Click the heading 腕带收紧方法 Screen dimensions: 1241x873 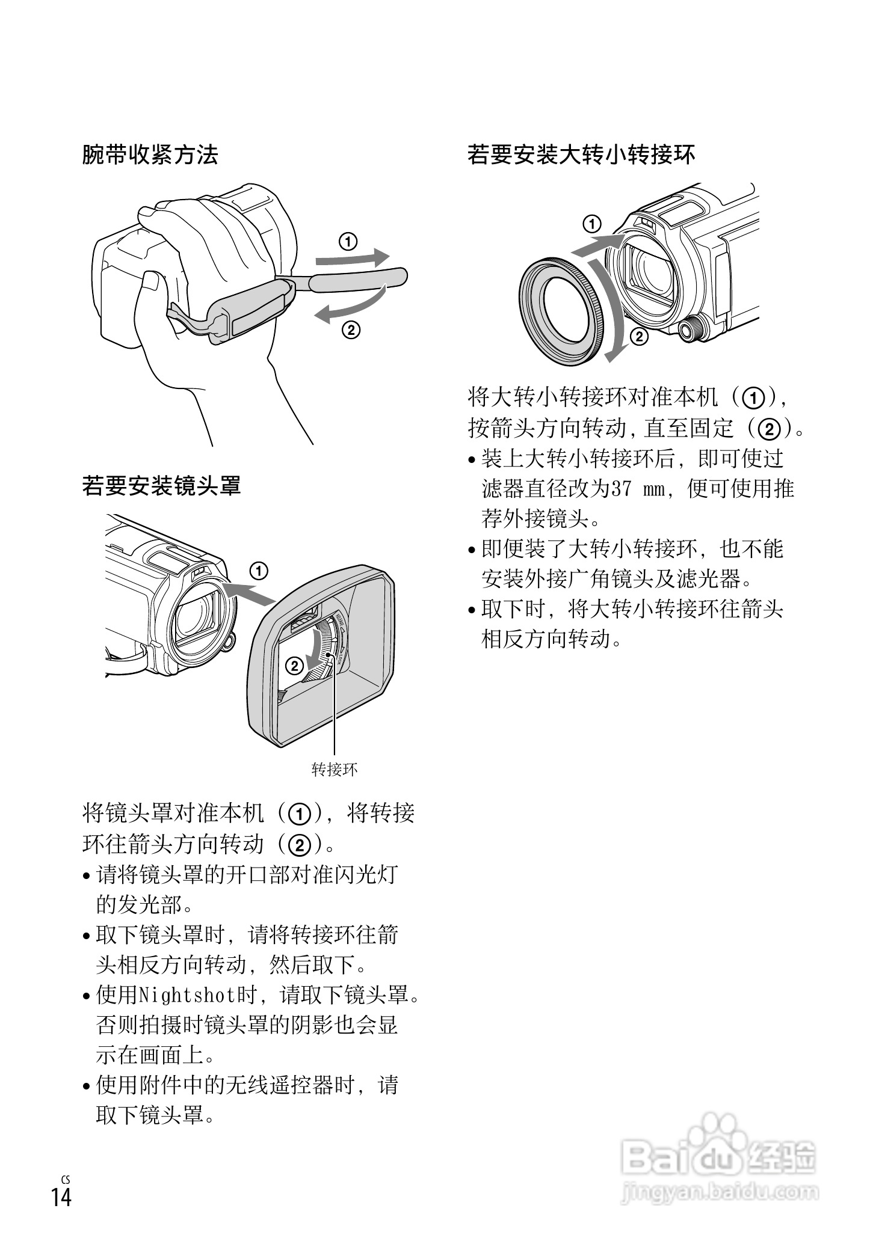[x=150, y=155]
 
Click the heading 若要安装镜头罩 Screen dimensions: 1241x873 [x=161, y=485]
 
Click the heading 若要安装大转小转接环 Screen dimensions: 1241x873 [x=581, y=155]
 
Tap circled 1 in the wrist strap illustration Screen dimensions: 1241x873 [x=348, y=242]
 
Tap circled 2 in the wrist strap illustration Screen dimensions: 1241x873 [x=351, y=329]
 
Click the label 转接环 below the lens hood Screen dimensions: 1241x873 [x=335, y=769]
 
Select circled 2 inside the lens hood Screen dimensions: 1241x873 [x=295, y=666]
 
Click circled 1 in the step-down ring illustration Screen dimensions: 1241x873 [x=593, y=224]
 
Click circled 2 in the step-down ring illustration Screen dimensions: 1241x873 [x=639, y=337]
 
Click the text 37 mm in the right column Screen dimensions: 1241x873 [x=638, y=489]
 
